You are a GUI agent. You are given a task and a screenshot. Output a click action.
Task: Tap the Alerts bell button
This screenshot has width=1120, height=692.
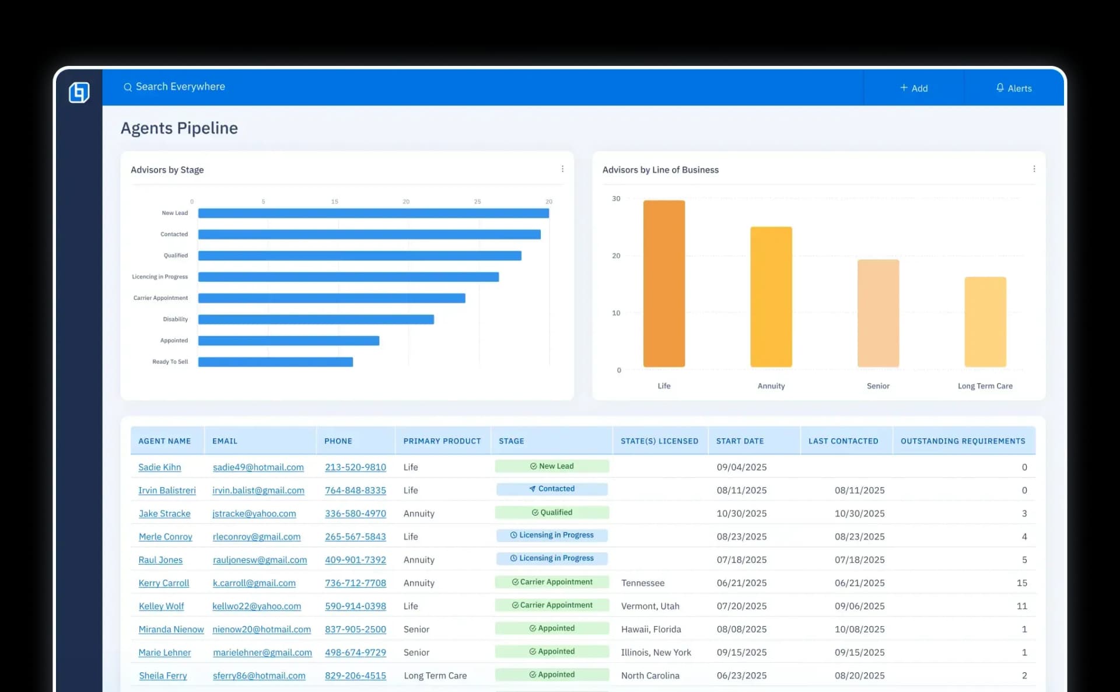pos(1013,88)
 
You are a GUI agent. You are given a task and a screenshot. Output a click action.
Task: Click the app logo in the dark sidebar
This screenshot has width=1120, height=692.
pos(79,92)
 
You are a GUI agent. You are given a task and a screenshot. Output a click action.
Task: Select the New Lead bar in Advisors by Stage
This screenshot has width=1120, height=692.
pos(373,214)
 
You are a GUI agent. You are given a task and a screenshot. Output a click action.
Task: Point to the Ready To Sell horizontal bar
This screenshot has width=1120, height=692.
pos(275,362)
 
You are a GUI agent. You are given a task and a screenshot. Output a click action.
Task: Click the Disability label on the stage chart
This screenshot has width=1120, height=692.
pos(175,319)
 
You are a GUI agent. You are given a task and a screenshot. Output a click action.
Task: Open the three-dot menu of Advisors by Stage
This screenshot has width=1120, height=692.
pos(562,169)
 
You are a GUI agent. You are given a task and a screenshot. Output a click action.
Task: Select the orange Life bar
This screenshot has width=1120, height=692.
pos(664,284)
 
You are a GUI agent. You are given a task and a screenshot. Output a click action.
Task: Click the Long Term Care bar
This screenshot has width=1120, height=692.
pos(985,322)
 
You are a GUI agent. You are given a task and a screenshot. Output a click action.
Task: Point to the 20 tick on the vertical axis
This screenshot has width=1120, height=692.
pos(616,256)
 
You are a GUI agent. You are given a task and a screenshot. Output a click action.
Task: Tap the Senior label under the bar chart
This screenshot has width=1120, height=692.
pos(878,386)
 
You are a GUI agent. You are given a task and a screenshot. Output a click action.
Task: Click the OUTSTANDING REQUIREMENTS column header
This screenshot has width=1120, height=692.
pos(963,441)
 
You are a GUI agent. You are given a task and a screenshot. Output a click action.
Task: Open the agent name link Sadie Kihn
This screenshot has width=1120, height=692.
pos(159,467)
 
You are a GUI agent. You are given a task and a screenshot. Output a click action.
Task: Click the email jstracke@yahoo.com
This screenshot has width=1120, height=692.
pos(254,513)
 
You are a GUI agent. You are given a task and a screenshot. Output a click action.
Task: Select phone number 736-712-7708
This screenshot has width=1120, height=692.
pos(355,583)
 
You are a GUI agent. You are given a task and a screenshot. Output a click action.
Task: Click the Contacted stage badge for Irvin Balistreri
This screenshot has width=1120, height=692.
pos(552,489)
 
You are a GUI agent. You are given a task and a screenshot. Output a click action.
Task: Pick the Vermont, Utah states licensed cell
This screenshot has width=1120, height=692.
pos(650,606)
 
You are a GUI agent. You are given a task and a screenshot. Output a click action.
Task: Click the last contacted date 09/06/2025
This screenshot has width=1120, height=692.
pos(859,606)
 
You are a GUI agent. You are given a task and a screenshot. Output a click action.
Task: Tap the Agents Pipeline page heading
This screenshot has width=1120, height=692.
pos(179,128)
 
